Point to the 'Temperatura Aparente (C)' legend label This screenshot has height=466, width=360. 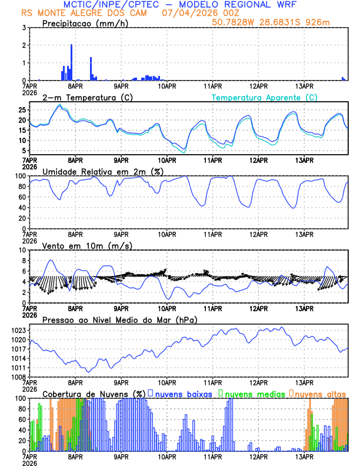click(264, 97)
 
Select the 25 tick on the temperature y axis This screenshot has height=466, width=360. click(21, 110)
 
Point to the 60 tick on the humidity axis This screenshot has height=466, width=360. click(21, 197)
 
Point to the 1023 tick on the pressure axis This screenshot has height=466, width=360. click(18, 330)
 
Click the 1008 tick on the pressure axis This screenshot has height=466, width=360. click(18, 377)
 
